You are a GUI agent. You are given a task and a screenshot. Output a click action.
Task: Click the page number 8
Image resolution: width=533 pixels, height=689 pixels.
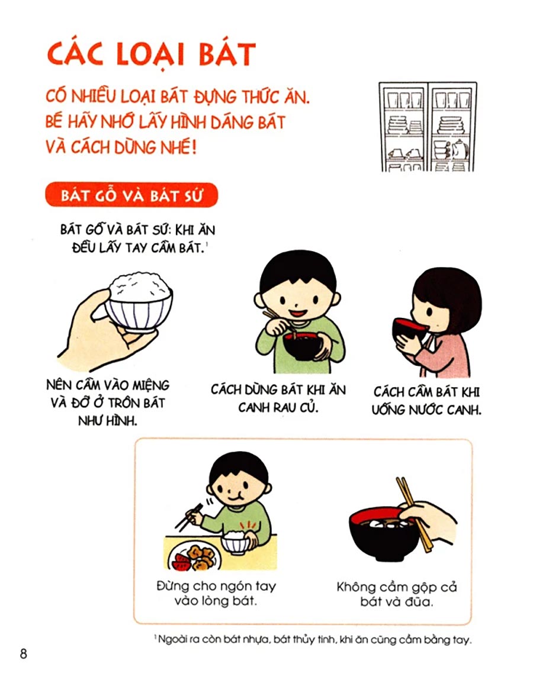tap(23, 654)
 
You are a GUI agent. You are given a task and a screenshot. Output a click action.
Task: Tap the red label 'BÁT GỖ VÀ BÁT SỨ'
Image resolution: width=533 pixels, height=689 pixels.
tap(131, 195)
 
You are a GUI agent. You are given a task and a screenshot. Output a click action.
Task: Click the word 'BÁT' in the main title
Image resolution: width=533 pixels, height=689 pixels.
tap(227, 54)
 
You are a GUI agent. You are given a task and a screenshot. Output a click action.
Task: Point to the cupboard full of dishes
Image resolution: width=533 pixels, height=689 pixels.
tap(428, 127)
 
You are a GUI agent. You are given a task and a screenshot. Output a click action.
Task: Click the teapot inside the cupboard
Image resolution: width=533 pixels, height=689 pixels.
tap(459, 149)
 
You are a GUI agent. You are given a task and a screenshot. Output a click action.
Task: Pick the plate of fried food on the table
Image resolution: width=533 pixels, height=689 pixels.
tap(194, 555)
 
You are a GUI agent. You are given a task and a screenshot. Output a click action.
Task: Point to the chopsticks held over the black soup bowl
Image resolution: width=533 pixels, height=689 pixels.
tap(415, 514)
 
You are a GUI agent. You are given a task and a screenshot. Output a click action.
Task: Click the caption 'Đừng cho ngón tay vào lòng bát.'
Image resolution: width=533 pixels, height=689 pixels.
tap(216, 593)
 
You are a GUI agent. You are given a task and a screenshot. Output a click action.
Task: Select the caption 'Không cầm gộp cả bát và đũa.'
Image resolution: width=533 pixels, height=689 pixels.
tap(397, 594)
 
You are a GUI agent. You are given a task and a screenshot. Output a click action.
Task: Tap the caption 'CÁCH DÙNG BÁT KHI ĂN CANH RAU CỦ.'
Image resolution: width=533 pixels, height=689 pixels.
tap(278, 398)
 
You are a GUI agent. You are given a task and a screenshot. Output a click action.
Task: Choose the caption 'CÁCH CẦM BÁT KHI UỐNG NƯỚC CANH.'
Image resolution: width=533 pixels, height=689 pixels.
tap(426, 401)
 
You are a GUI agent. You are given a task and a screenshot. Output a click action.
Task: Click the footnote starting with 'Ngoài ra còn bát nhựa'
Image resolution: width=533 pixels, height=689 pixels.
tap(313, 640)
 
